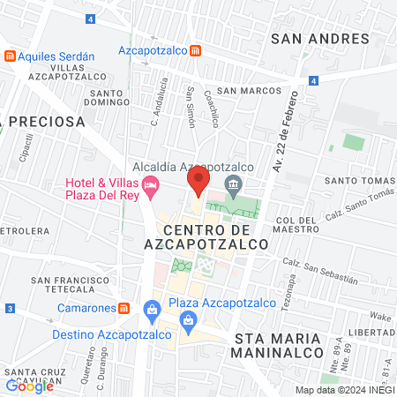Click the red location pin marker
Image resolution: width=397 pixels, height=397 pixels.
tap(198, 182)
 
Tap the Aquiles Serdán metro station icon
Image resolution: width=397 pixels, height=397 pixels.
tap(10, 56)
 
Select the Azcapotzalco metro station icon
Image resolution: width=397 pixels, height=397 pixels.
tap(195, 51)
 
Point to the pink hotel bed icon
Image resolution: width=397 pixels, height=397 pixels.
tap(151, 184)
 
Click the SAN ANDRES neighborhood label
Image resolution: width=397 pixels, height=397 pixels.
tap(319, 38)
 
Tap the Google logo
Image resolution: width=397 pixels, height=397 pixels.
tap(29, 386)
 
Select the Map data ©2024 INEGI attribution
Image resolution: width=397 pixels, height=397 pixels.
tap(344, 390)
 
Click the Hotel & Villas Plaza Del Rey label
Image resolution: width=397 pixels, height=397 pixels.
tap(102, 189)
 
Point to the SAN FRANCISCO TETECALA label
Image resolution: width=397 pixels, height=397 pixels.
tap(62, 284)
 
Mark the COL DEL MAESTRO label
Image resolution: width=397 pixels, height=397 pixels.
tap(296, 224)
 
